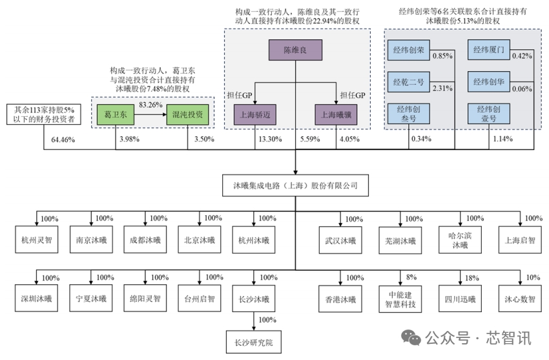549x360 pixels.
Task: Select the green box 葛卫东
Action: tap(117, 114)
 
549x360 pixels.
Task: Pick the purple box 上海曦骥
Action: tap(336, 114)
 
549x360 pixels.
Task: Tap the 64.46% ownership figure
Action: tap(56, 139)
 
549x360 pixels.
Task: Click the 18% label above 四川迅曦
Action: tap(472, 277)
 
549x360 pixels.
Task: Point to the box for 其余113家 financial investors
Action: tap(44, 114)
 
